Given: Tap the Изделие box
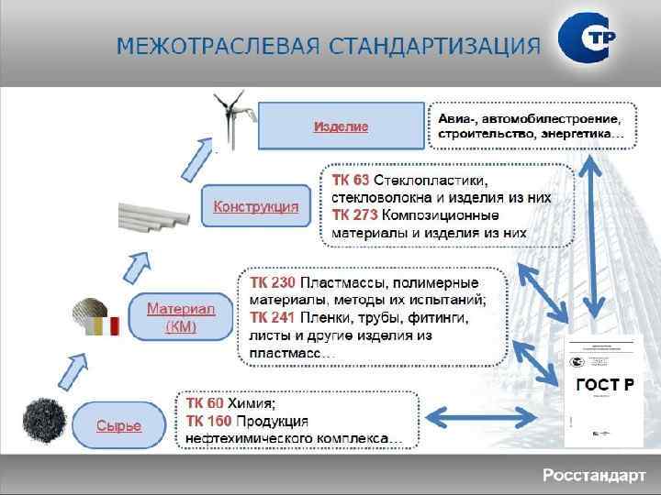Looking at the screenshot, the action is coord(341,126).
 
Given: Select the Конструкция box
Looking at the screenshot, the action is coord(256,207).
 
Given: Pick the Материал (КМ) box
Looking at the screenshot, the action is coord(181,317).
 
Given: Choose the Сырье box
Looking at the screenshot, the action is coord(119,425).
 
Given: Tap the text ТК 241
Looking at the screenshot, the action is coord(271,317).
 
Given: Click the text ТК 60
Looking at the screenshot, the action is coord(205,403).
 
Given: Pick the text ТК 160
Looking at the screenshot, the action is coord(208,421).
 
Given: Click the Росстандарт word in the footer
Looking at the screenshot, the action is coord(594,475).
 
